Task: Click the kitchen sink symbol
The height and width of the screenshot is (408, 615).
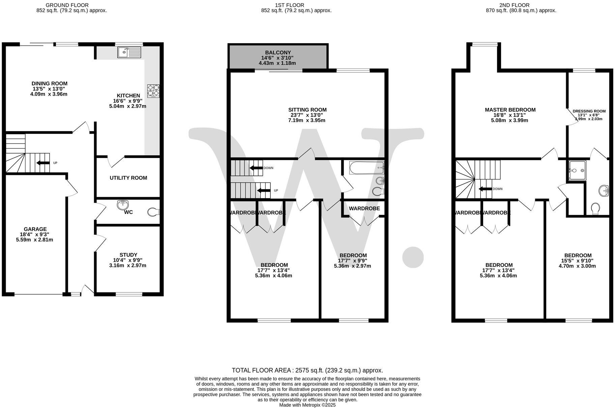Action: pyautogui.click(x=129, y=53)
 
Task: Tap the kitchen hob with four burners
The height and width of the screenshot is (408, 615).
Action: pyautogui.click(x=153, y=91)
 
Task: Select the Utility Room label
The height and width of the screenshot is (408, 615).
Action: pyautogui.click(x=128, y=178)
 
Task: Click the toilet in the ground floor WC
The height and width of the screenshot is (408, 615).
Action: pyautogui.click(x=154, y=212)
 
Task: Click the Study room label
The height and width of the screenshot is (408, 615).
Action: pyautogui.click(x=128, y=255)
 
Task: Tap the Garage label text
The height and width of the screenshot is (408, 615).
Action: pyautogui.click(x=35, y=229)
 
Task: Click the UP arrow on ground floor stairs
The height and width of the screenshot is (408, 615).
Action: pyautogui.click(x=43, y=163)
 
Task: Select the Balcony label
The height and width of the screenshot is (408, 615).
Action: pyautogui.click(x=278, y=53)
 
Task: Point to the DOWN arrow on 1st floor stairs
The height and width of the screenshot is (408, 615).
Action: pyautogui.click(x=256, y=168)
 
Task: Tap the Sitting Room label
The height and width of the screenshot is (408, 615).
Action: pyautogui.click(x=307, y=110)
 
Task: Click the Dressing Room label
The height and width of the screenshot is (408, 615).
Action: pyautogui.click(x=589, y=111)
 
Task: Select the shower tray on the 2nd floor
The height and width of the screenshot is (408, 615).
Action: pyautogui.click(x=577, y=170)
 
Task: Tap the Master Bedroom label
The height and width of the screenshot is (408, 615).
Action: pyautogui.click(x=510, y=110)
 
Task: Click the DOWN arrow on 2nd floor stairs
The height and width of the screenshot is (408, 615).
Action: pyautogui.click(x=486, y=189)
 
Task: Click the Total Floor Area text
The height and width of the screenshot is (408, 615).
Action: pyautogui.click(x=307, y=370)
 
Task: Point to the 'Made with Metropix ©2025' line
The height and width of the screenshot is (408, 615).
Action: pyautogui.click(x=307, y=405)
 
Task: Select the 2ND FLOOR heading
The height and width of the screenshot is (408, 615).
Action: pyautogui.click(x=521, y=5)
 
